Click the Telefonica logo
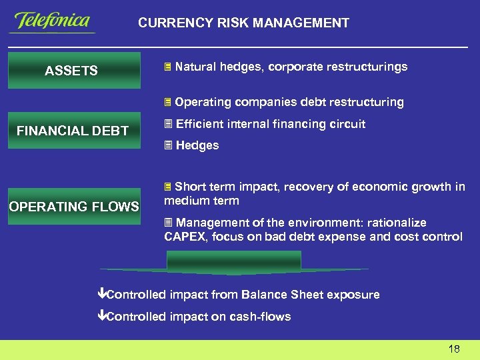click(x=52, y=21)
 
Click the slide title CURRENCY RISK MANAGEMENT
click(x=243, y=23)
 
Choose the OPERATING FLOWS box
click(x=74, y=207)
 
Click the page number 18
click(x=454, y=349)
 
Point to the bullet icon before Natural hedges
click(x=168, y=67)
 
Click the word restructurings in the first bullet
click(x=372, y=67)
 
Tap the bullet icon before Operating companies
click(x=168, y=103)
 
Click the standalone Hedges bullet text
click(x=197, y=145)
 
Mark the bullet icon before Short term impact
click(x=168, y=187)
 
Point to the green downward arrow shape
click(x=234, y=264)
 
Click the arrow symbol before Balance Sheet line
click(x=101, y=295)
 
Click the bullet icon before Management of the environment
click(x=168, y=223)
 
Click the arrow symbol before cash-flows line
click(x=101, y=317)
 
